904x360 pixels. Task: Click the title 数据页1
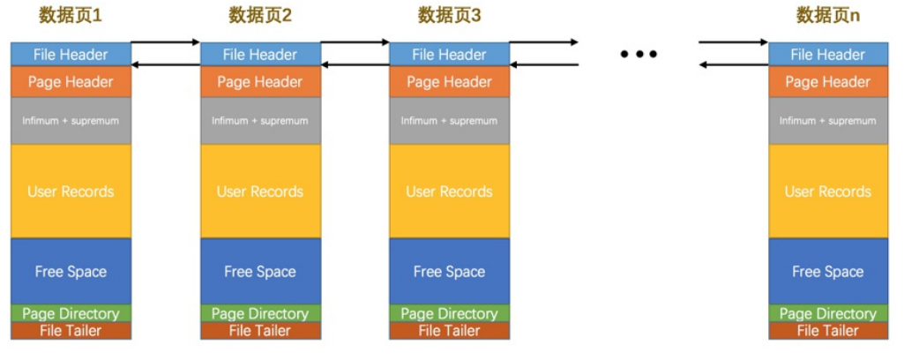pos(71,15)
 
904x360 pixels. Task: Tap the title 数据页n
pos(827,15)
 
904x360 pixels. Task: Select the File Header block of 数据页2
pos(259,55)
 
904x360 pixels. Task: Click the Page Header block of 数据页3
pos(449,82)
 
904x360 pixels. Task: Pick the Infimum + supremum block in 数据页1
pos(71,121)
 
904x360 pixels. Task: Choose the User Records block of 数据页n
pos(827,191)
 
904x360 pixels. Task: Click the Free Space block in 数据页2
pos(259,272)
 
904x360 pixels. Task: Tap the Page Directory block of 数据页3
pos(449,313)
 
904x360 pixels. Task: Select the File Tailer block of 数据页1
pos(71,331)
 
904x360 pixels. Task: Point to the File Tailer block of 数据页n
pos(827,331)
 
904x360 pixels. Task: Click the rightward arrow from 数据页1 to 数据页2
pos(166,41)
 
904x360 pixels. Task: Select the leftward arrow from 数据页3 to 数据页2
pos(355,64)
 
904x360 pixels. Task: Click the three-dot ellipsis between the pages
pos(639,55)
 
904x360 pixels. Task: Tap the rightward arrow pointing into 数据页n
pos(734,41)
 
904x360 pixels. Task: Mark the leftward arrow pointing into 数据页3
pos(544,64)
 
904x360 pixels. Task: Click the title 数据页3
pos(449,15)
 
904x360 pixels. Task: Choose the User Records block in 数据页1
pos(71,191)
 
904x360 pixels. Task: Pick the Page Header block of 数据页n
pos(827,82)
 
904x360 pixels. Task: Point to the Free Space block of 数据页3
pos(449,272)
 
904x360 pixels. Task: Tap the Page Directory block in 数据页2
pos(259,313)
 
